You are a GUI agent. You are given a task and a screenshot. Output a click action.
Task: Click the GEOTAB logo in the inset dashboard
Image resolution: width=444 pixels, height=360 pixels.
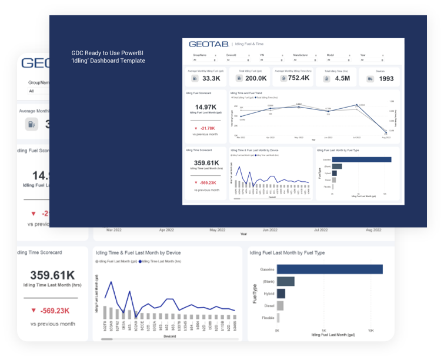pyautogui.click(x=208, y=44)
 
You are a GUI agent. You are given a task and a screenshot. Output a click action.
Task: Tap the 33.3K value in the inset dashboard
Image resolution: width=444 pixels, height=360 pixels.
pyautogui.click(x=211, y=78)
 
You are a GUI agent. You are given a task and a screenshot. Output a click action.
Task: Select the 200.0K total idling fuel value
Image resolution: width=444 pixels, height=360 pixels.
pyautogui.click(x=256, y=78)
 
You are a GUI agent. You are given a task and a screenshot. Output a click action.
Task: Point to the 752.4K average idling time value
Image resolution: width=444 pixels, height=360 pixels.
pyautogui.click(x=299, y=78)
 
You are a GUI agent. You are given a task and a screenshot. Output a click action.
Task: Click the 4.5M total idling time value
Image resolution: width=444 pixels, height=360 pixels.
pyautogui.click(x=342, y=78)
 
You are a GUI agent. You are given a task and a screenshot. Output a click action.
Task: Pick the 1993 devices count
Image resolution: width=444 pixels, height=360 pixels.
pyautogui.click(x=386, y=78)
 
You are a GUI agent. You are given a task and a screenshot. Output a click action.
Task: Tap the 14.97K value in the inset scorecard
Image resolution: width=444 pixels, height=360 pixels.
pyautogui.click(x=206, y=107)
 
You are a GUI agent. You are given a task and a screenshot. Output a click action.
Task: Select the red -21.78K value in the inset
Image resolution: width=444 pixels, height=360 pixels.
pyautogui.click(x=206, y=128)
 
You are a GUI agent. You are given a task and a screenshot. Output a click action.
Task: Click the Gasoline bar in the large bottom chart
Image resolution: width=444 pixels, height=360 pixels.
pyautogui.click(x=330, y=269)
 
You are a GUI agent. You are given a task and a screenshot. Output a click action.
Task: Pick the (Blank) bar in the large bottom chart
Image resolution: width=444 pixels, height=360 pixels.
pyautogui.click(x=286, y=282)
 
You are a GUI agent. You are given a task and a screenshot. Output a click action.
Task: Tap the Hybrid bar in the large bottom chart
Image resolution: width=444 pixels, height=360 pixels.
pyautogui.click(x=281, y=294)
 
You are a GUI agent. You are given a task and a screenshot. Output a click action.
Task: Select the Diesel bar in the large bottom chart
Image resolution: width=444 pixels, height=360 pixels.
pyautogui.click(x=281, y=306)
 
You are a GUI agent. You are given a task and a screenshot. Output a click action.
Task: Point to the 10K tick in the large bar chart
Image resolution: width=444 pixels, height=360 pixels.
pyautogui.click(x=370, y=331)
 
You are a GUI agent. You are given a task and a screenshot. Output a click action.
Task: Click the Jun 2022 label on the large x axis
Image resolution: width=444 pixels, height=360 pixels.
pyautogui.click(x=270, y=230)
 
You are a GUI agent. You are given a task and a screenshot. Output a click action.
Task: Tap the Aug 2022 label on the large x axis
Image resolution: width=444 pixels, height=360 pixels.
pyautogui.click(x=370, y=230)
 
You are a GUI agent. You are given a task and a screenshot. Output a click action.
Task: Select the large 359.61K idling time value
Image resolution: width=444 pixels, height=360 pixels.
pyautogui.click(x=53, y=275)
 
